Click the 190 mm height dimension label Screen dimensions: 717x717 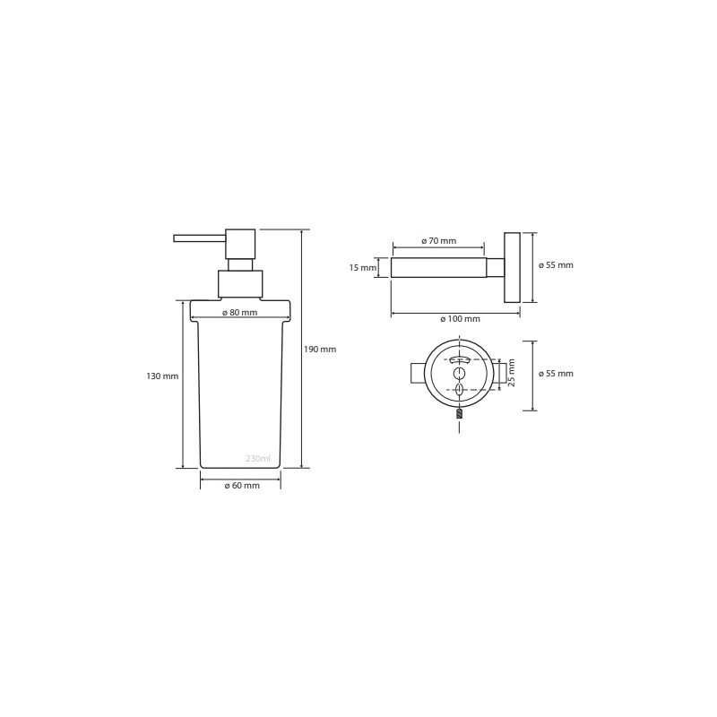320,350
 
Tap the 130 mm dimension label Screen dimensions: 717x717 162,376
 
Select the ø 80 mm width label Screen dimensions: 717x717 239,313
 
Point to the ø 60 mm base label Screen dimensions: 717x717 242,486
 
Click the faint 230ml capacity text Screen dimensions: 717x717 258,458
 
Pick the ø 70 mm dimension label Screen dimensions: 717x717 438,241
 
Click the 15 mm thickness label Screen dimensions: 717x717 363,267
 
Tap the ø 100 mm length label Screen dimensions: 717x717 460,319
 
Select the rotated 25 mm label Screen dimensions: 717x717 512,373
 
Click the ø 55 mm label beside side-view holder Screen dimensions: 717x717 556,265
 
